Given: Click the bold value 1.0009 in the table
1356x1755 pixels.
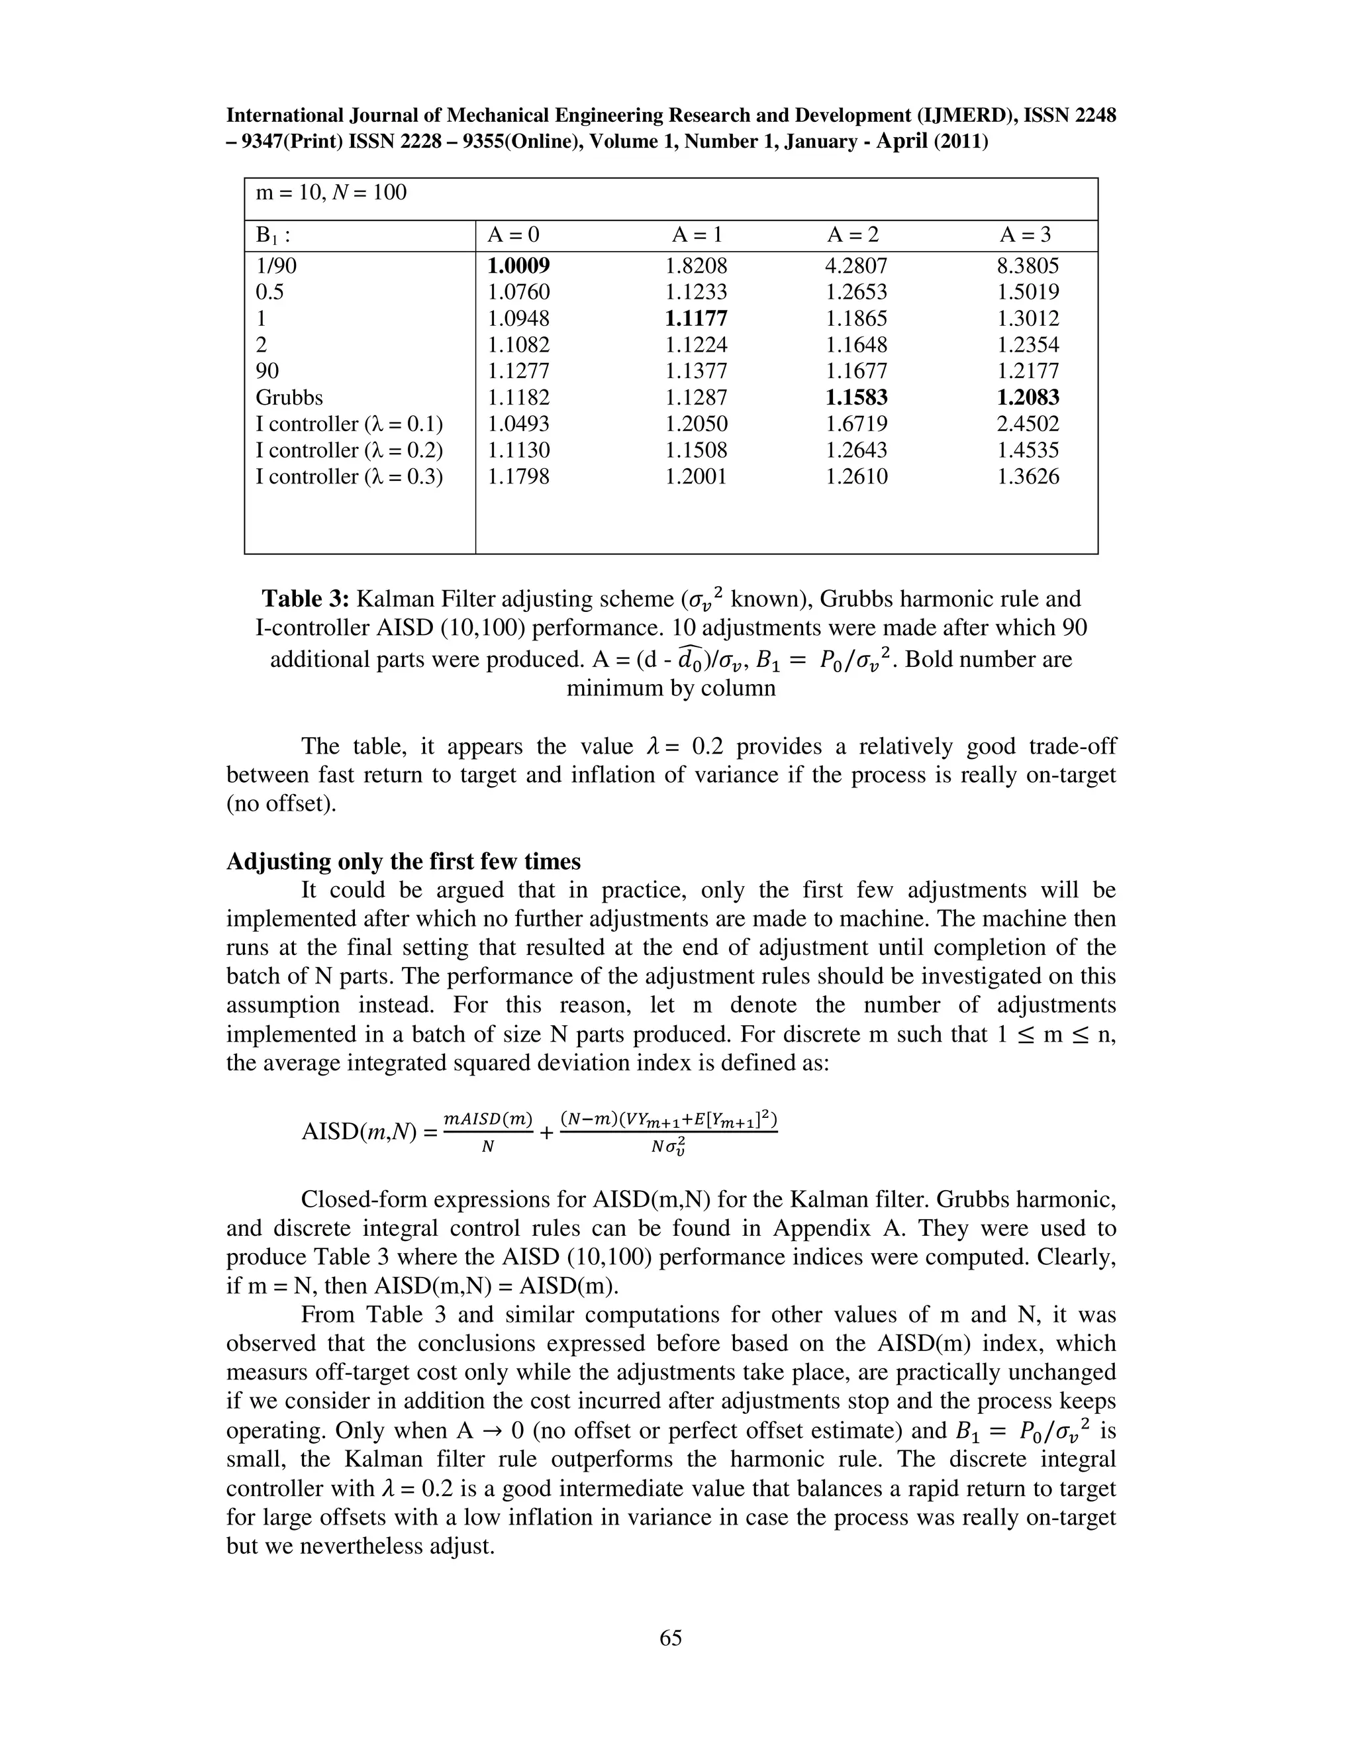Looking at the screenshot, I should coord(519,266).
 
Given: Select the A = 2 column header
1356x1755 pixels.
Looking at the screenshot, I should coord(853,234).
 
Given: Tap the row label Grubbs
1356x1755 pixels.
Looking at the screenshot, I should coord(289,398).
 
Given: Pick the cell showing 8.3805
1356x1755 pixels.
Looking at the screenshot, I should coord(1028,266).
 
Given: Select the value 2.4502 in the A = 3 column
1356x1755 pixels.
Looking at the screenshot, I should coord(1028,425).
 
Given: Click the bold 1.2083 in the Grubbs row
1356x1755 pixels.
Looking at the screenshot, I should coord(1028,398).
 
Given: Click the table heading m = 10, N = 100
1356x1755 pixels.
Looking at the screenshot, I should coord(331,193).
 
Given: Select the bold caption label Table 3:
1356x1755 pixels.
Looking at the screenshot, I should coord(305,599).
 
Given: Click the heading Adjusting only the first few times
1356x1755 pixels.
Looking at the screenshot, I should coord(403,862).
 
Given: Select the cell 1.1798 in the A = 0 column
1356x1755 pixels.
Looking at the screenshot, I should coord(519,477).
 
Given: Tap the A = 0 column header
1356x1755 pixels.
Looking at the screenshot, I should coord(513,234).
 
